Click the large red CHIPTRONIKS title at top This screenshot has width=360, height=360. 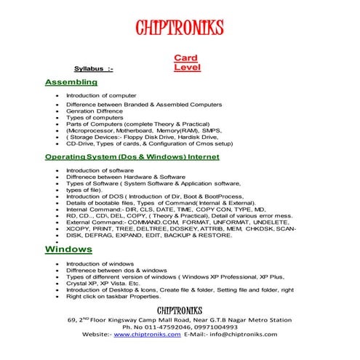(x=180, y=28)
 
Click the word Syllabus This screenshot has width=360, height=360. (x=89, y=68)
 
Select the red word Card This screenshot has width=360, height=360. (x=186, y=57)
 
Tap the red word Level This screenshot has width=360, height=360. (x=187, y=68)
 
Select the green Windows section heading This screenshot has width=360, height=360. (x=68, y=249)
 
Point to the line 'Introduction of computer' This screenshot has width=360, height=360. (x=101, y=95)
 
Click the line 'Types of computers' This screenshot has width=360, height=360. (x=95, y=116)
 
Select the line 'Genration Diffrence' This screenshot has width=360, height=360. (x=97, y=110)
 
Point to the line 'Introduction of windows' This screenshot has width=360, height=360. (x=100, y=263)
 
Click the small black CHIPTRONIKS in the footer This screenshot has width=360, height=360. (x=179, y=309)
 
